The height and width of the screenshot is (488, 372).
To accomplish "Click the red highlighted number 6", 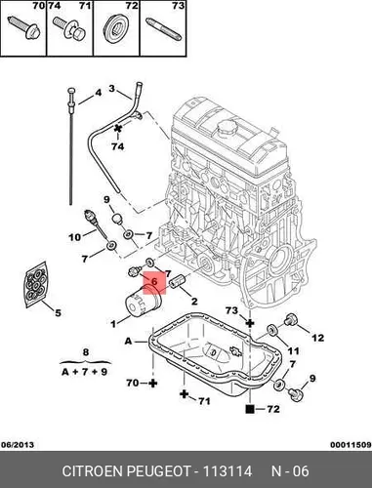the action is click(x=154, y=281).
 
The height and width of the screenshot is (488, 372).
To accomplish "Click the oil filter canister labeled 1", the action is click(x=142, y=301).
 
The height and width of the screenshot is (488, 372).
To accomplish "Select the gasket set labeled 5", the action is click(x=35, y=284).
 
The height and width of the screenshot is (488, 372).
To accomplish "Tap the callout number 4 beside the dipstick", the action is click(x=98, y=93).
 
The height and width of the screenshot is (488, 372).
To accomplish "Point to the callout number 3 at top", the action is click(x=111, y=89).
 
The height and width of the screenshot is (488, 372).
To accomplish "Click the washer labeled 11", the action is click(x=271, y=330).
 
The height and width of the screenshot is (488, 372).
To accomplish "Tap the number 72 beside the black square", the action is click(x=273, y=409).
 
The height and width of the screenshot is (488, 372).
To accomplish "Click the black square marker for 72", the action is click(x=250, y=409).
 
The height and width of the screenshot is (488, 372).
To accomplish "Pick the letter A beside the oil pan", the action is click(x=129, y=341).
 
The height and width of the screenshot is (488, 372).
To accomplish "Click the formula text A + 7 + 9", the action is click(x=84, y=372).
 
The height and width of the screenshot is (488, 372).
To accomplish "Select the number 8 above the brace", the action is click(x=86, y=352).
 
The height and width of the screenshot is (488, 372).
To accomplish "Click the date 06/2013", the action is click(x=18, y=445).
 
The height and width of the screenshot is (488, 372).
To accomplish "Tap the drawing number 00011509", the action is click(x=351, y=445).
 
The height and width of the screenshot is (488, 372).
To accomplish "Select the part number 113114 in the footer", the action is click(x=227, y=471).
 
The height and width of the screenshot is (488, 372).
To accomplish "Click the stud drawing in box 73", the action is click(x=163, y=30).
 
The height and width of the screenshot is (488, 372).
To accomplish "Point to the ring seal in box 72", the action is click(x=116, y=25).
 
